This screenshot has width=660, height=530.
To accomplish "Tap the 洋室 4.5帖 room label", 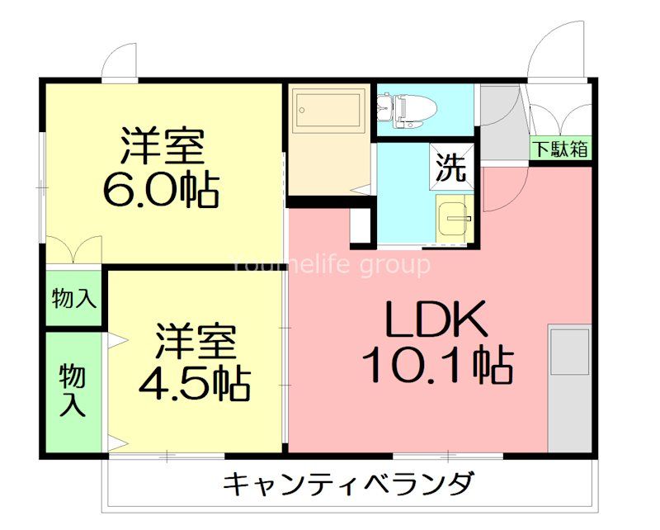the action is pos(195,362).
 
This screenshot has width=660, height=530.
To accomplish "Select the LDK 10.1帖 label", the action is pos(438,342).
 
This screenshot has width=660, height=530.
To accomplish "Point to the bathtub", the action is pos(328,110).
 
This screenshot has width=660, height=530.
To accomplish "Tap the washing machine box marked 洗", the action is pos(451,168).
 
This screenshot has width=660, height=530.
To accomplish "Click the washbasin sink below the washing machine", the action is pos(455,219).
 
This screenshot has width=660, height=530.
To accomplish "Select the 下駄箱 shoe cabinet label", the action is pos(560,149).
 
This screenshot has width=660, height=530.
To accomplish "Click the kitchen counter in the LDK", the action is pos(569,388).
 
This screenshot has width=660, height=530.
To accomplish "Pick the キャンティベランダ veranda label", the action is pos(347,485).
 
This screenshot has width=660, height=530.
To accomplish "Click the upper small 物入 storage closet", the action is pos(73,298).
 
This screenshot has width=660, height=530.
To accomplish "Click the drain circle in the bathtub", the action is pos(301,110).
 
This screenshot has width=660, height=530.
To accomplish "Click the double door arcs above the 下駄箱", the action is pos(560,114).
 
